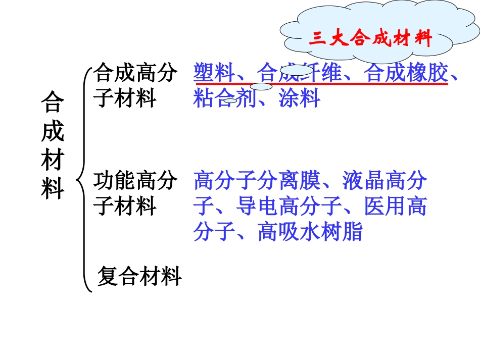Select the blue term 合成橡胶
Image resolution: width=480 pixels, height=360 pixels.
pos(406,73)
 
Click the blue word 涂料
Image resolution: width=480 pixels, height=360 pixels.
pos(299,98)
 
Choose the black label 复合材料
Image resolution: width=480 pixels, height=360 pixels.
pos(139,276)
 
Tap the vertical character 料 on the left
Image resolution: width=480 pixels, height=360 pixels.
pos(53,189)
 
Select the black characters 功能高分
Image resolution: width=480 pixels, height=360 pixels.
pos(135,181)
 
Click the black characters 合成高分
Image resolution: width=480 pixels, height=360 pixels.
pos(135,73)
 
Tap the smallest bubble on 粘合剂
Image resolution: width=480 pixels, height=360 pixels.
pos(230,101)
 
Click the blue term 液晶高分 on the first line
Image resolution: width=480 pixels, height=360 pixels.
pos(384,181)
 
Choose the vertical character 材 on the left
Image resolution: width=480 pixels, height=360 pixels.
pos(53,161)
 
